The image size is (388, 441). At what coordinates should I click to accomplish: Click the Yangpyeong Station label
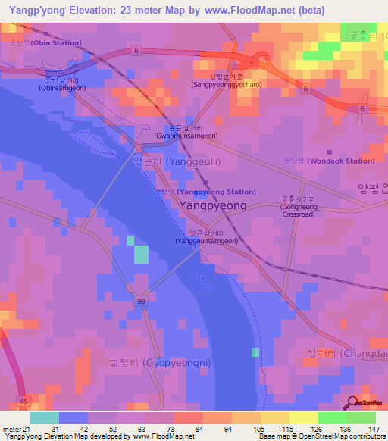206,192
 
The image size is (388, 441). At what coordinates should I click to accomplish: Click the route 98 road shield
140,302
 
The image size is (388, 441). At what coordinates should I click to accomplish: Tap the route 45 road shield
23,401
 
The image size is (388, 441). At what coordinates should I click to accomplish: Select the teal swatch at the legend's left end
44,418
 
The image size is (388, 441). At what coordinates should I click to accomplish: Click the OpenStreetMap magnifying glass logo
352,402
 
